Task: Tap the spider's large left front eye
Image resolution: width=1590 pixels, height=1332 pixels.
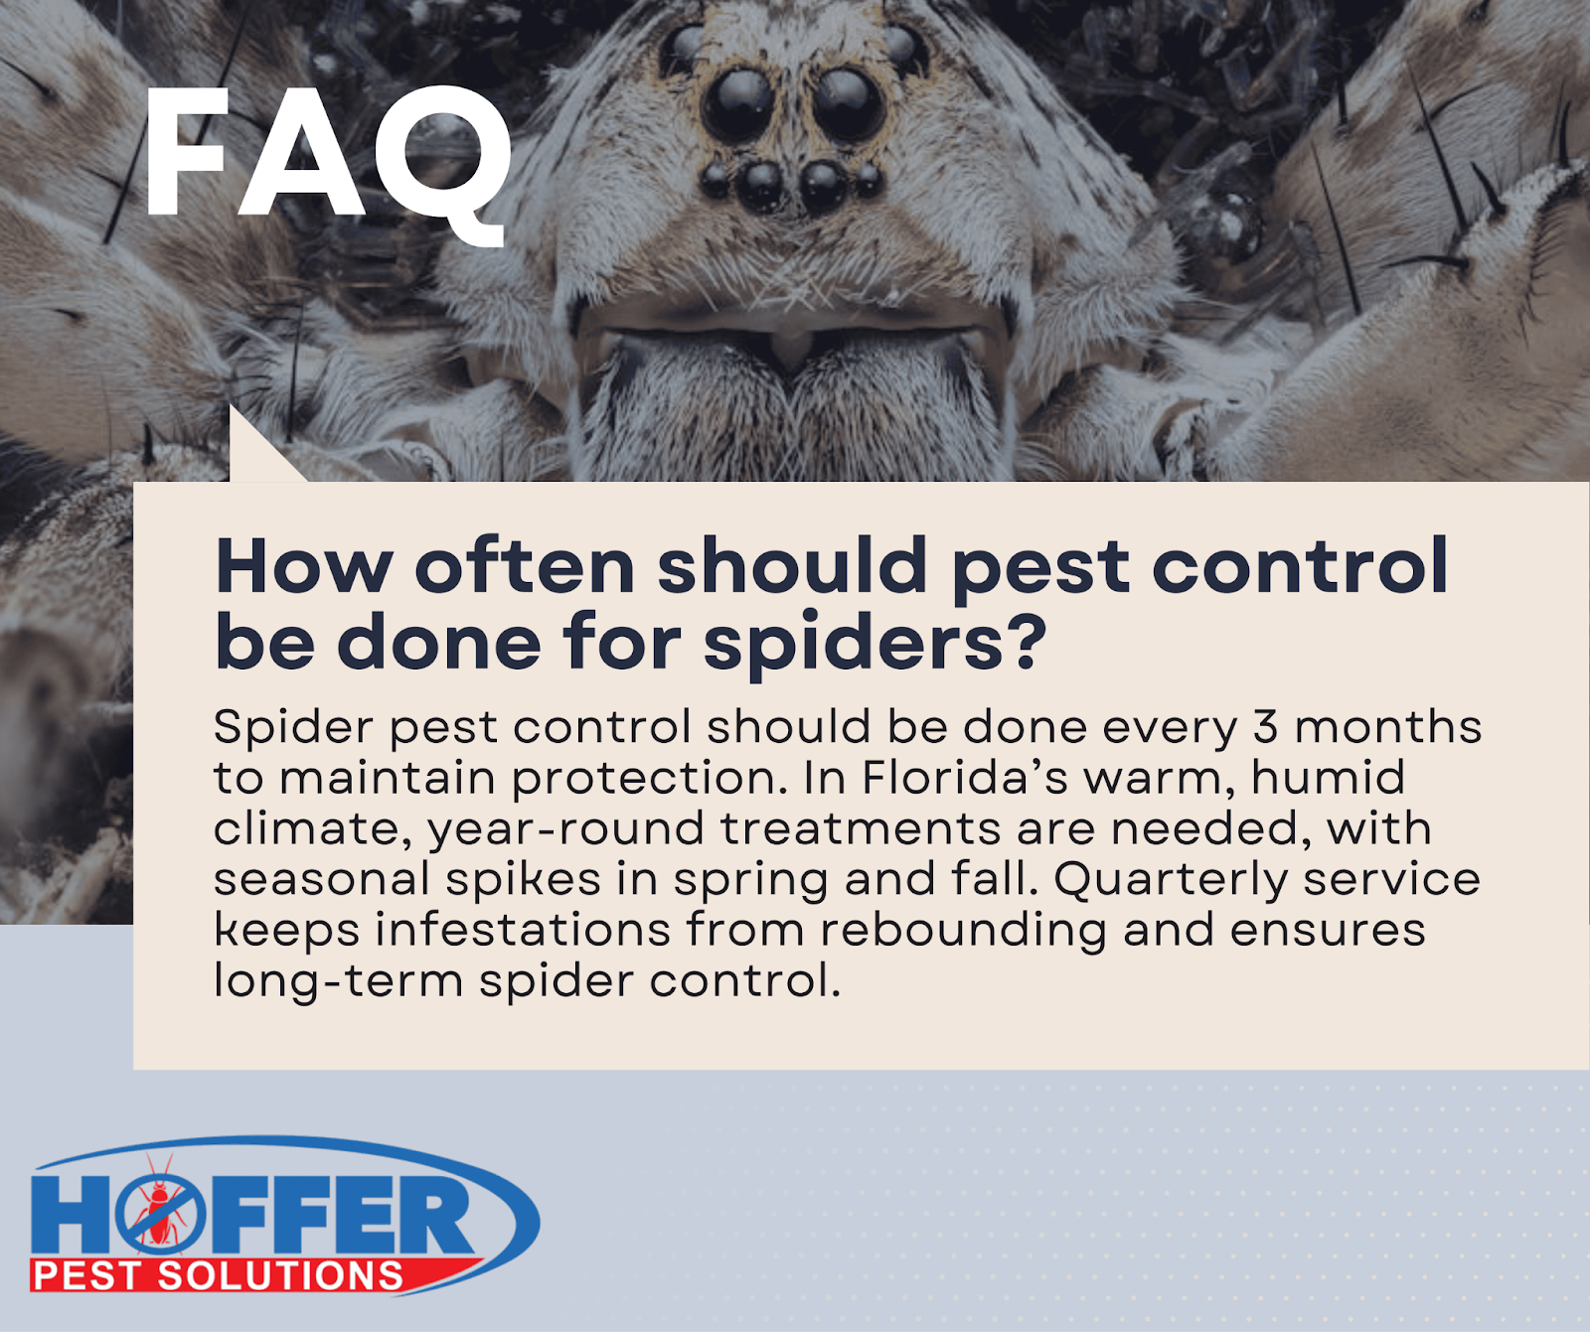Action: (x=736, y=104)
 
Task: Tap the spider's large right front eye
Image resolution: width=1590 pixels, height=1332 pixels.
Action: (x=848, y=104)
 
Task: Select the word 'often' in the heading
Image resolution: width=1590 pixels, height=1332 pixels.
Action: (x=525, y=566)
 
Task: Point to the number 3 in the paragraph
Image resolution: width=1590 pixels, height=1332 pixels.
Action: (x=1265, y=727)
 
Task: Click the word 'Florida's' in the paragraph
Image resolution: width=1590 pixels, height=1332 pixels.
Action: (x=964, y=778)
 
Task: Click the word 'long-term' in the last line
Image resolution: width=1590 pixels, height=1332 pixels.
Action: (x=338, y=982)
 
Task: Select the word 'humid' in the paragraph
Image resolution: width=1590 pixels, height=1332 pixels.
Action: (x=1329, y=778)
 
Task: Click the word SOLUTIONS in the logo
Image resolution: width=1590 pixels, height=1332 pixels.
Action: (x=280, y=1275)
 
